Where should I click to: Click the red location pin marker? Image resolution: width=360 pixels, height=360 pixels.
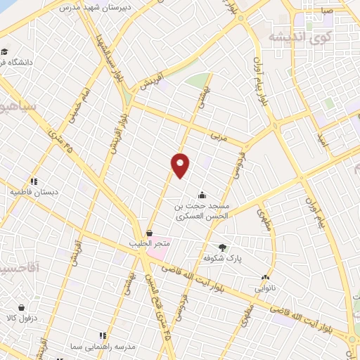coord(181,165)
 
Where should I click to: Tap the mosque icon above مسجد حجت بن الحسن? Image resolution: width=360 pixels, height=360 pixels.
coord(202,195)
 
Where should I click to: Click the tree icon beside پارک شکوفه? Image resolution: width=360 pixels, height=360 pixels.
coord(223,247)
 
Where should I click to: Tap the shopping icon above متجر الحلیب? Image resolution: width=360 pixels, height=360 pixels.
coord(149,233)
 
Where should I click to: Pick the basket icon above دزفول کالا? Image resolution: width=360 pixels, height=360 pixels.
coord(22,307)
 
